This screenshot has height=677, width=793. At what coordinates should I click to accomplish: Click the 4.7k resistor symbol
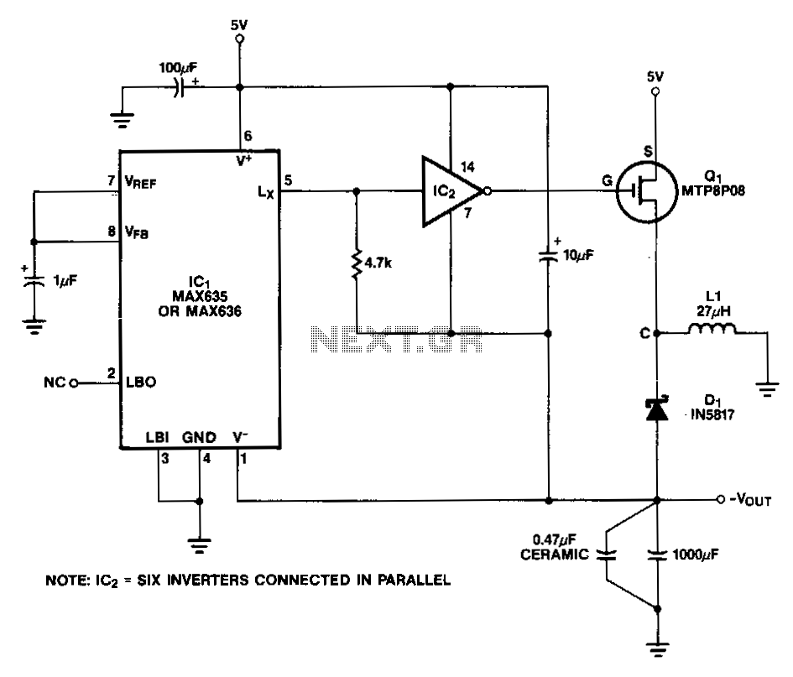point(357,263)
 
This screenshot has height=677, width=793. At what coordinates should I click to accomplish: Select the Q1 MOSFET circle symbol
point(647,191)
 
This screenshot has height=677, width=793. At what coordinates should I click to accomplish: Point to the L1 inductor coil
point(712,329)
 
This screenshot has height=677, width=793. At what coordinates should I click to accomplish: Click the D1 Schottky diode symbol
point(656,409)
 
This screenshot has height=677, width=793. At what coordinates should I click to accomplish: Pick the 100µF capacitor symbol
point(179,87)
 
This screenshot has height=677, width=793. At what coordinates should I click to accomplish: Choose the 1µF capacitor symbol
point(34,281)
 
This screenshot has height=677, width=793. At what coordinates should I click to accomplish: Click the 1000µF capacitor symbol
point(657,555)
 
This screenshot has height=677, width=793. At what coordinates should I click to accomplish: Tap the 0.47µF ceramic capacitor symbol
point(606,555)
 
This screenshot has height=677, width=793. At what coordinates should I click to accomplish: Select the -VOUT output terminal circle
point(720,499)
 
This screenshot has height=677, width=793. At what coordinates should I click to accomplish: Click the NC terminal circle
point(73,383)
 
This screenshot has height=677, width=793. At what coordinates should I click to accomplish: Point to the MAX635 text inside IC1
point(200,296)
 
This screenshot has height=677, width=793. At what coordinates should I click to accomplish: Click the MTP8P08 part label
point(713,190)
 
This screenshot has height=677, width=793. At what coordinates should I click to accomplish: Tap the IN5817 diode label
point(712,414)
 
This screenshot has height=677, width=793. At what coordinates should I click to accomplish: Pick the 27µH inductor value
point(713,311)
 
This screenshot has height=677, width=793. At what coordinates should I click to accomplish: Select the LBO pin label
point(141,383)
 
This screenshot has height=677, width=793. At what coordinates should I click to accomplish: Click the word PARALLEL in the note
point(414,580)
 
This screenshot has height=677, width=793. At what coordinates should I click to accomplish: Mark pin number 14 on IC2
point(467,167)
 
